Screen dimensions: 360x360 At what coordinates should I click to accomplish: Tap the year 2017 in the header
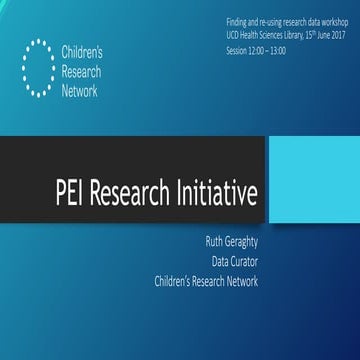336,34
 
